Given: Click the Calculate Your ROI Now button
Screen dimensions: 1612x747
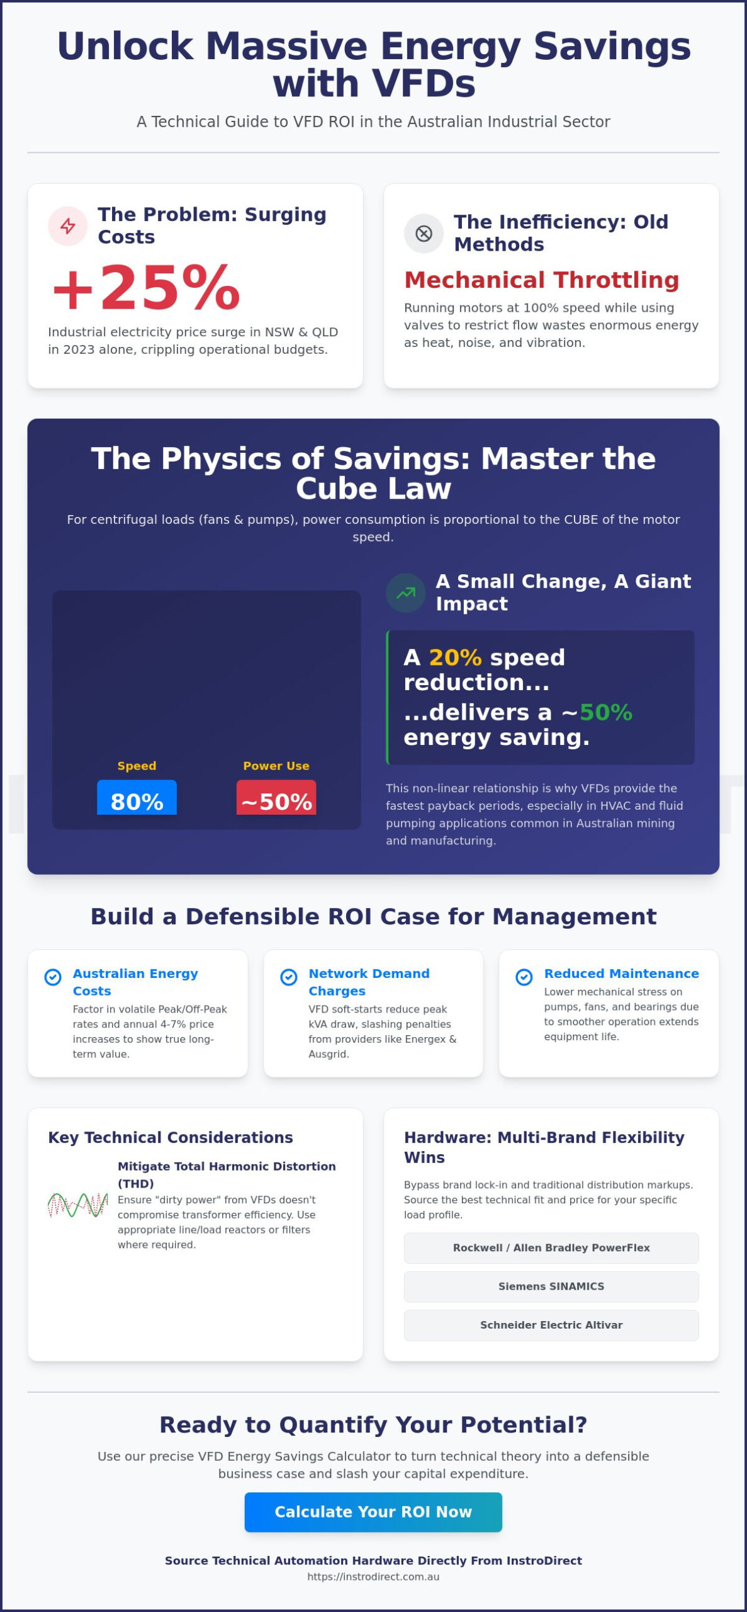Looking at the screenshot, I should pyautogui.click(x=373, y=1512).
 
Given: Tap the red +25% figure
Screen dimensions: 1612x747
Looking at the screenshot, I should pyautogui.click(x=147, y=288).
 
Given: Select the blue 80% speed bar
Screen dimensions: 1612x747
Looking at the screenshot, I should pyautogui.click(x=137, y=798).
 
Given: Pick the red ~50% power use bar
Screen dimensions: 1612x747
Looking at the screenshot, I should pyautogui.click(x=276, y=798).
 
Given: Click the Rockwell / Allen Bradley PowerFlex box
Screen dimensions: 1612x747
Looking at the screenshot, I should pyautogui.click(x=551, y=1248).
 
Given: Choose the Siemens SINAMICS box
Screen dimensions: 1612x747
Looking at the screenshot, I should pyautogui.click(x=551, y=1286).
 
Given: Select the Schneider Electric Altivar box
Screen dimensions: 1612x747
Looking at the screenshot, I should pyautogui.click(x=551, y=1325).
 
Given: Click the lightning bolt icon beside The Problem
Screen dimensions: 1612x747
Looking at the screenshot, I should pyautogui.click(x=68, y=226).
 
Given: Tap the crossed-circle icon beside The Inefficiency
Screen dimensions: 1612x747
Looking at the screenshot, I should pyautogui.click(x=424, y=234).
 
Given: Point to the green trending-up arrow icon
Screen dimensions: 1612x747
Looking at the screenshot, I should pyautogui.click(x=406, y=593).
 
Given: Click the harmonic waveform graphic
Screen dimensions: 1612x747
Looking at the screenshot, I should pyautogui.click(x=78, y=1205).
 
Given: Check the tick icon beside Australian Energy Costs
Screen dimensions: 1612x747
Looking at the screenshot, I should pyautogui.click(x=53, y=977).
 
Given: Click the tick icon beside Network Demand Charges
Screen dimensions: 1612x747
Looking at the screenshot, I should pyautogui.click(x=289, y=977).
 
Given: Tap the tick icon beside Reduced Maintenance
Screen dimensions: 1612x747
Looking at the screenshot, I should pyautogui.click(x=524, y=977).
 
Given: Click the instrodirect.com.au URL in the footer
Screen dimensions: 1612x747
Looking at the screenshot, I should pyautogui.click(x=373, y=1577).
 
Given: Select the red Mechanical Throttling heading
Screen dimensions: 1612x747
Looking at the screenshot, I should pyautogui.click(x=542, y=280).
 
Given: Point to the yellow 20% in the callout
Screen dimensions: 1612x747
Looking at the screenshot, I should pyautogui.click(x=455, y=657).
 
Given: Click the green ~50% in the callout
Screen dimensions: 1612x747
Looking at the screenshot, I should pyautogui.click(x=605, y=712).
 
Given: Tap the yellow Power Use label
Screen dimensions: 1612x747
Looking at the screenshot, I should pyautogui.click(x=276, y=766).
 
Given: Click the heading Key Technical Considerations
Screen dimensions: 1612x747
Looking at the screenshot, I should pyautogui.click(x=171, y=1137).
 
